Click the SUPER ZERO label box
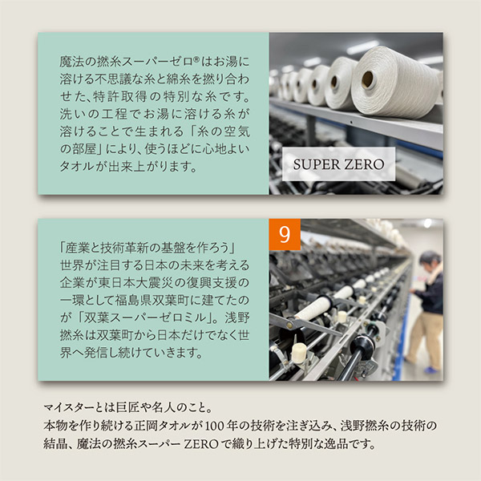338,164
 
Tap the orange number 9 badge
285,234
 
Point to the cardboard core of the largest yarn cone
367,79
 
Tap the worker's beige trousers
425,338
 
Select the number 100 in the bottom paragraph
214,426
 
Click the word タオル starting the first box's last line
76,167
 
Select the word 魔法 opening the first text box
71,62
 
